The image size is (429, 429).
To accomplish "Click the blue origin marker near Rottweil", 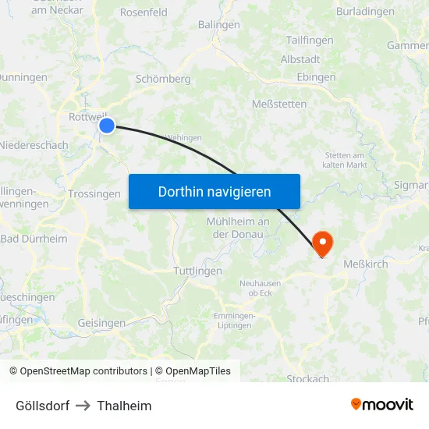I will click(107, 125).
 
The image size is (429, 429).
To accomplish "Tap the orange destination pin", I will click(321, 243).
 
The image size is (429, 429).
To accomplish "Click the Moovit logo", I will click(382, 404).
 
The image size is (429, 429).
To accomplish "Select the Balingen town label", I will click(219, 24).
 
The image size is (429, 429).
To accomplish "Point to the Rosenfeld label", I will click(144, 12).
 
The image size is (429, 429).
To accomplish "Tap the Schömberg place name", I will click(163, 79).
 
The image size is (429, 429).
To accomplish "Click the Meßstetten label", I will click(279, 104).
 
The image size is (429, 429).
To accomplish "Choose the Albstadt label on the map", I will click(300, 59).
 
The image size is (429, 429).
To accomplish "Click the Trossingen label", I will click(94, 194).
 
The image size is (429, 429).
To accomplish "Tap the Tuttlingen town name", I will click(197, 271).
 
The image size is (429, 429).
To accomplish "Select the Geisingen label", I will click(101, 323).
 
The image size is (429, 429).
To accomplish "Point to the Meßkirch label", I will click(366, 264).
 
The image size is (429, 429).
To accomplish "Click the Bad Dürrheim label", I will click(34, 239).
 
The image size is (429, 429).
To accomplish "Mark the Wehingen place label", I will click(184, 137).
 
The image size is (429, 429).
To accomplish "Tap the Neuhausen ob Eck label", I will click(261, 288).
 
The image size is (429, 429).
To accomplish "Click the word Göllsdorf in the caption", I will click(43, 406).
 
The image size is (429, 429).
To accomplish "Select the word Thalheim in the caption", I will click(125, 406).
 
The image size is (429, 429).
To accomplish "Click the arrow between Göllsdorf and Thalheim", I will click(83, 406).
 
